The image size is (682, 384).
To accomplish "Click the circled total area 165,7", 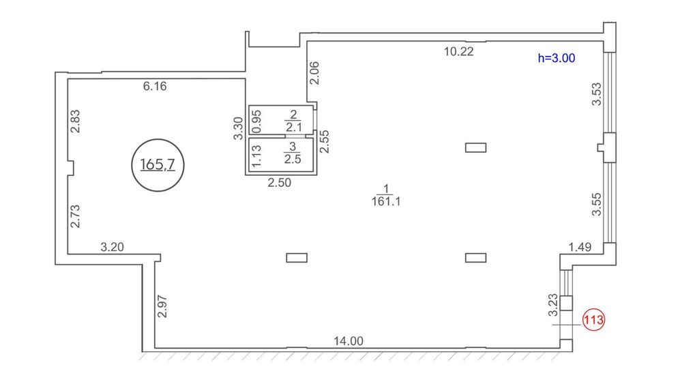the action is [158, 165].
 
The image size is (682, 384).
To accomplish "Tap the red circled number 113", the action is [594, 320].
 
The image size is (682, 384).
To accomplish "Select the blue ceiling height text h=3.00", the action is [557, 58].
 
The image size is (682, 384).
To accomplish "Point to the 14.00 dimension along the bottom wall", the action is [349, 341].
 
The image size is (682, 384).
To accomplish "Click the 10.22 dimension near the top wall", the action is [458, 51].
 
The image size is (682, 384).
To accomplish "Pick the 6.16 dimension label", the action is [155, 86].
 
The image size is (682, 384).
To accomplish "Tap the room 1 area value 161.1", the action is [386, 201].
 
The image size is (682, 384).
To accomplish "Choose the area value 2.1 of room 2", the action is [293, 127].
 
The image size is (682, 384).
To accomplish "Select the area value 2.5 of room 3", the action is [293, 159].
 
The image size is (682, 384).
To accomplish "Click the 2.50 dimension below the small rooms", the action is [279, 183].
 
